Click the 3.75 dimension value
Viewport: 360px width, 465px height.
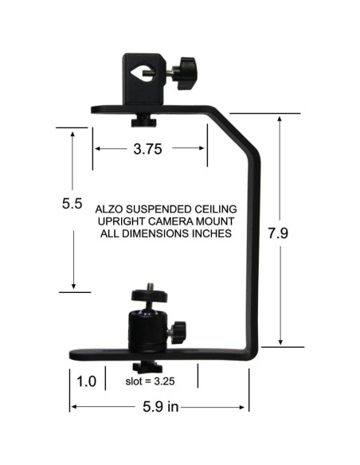tap(150, 148)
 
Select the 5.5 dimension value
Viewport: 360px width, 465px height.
tap(72, 204)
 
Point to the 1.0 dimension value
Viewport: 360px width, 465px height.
tap(87, 381)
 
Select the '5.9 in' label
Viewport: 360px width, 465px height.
tap(158, 408)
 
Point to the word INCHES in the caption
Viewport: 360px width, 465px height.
tap(211, 234)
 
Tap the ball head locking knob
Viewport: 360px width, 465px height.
tap(178, 328)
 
